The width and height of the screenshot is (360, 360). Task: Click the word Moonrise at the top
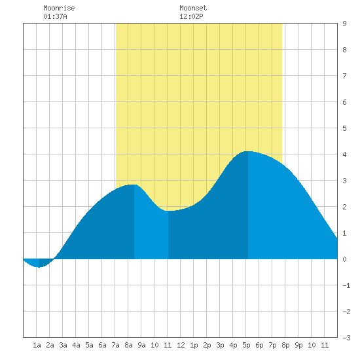[59, 8]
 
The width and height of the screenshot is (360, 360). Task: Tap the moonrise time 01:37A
[56, 16]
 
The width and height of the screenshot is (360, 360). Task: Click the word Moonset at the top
[193, 8]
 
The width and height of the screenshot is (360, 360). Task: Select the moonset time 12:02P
[191, 16]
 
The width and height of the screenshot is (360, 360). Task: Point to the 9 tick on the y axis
[344, 24]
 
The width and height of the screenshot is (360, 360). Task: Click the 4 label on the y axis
[344, 154]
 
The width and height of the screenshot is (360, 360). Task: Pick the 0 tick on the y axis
[344, 259]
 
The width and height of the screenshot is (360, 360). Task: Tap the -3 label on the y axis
[346, 338]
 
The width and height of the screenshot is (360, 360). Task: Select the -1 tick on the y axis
[346, 285]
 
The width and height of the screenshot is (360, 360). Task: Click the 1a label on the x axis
[37, 345]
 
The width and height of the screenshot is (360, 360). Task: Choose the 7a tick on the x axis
[115, 345]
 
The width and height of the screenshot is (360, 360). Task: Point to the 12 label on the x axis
[181, 345]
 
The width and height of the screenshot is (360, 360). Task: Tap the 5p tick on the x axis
[246, 345]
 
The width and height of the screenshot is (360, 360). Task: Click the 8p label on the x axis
[285, 345]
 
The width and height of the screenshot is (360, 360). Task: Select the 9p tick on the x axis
[298, 345]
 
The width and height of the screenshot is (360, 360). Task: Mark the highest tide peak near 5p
[248, 151]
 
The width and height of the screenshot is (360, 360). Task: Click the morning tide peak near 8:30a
[134, 185]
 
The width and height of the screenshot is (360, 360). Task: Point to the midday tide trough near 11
[168, 211]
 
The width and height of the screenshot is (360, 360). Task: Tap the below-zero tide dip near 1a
[39, 267]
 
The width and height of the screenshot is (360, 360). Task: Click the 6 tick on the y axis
[344, 102]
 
